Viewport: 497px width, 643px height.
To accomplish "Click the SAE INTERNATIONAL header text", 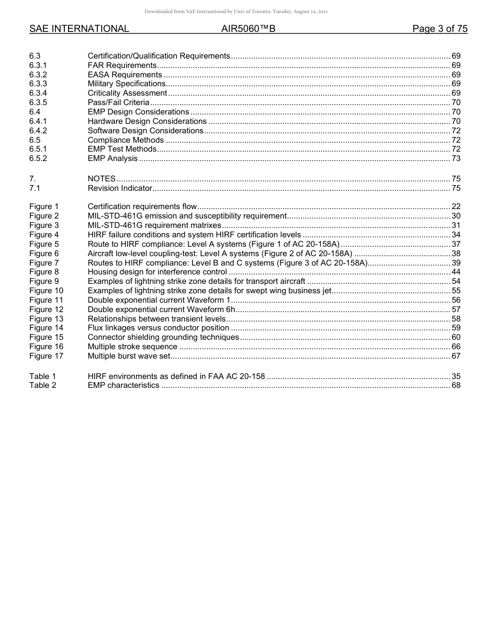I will (79, 29).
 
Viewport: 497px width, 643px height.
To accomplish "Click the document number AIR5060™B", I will (248, 29).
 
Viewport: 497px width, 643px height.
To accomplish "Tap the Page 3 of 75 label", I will (439, 29).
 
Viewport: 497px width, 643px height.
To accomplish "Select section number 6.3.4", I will (38, 93).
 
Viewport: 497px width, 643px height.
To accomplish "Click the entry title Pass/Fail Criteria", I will (118, 102).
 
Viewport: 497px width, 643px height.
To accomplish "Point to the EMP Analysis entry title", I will (112, 158).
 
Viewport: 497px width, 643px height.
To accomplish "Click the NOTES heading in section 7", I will (101, 179).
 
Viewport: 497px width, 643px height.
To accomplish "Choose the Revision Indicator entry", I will (120, 188).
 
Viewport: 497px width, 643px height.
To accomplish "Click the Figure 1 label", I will (44, 206).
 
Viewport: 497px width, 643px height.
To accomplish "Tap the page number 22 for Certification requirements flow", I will (456, 206).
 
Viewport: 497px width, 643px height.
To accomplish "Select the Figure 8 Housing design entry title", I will (157, 272).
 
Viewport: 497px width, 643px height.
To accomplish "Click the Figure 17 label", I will (46, 356).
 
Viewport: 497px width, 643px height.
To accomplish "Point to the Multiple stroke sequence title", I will (132, 347).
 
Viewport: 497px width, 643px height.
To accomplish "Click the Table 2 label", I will (42, 385).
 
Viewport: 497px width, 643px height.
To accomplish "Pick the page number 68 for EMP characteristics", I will (456, 385).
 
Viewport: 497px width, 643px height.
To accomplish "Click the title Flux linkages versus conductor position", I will (159, 328).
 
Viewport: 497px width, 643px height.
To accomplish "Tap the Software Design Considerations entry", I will (145, 131).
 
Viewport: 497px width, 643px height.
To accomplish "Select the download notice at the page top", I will (248, 12).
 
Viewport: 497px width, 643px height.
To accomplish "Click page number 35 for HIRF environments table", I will (456, 376).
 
